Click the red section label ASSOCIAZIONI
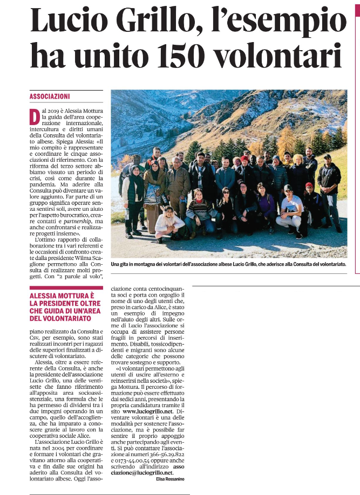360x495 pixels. coord(50,97)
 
